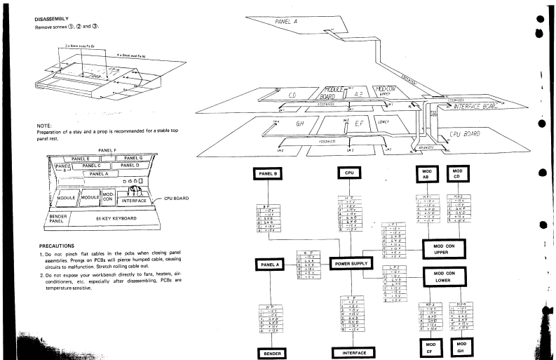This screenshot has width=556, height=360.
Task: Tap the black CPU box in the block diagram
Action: click(x=349, y=173)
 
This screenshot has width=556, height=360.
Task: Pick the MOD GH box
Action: click(x=461, y=347)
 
